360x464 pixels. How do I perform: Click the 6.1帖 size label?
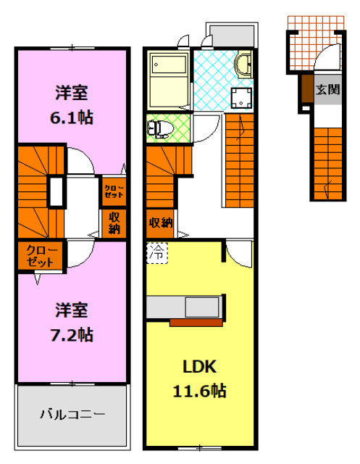pyautogui.click(x=72, y=117)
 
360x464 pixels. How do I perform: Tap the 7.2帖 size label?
pyautogui.click(x=72, y=334)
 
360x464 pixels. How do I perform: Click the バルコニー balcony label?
pyautogui.click(x=72, y=415)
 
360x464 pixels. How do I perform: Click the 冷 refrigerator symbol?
pyautogui.click(x=156, y=253)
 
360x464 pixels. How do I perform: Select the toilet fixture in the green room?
pyautogui.click(x=159, y=128)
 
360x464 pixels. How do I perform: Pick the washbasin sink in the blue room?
pyautogui.click(x=244, y=66)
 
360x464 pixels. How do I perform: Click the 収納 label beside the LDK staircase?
pyautogui.click(x=161, y=222)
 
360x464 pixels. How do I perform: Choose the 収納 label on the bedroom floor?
pyautogui.click(x=114, y=223)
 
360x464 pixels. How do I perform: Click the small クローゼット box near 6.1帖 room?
pyautogui.click(x=112, y=192)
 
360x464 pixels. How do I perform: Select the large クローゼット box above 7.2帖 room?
pyautogui.click(x=41, y=255)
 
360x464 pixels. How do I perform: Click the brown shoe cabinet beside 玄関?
pyautogui.click(x=306, y=89)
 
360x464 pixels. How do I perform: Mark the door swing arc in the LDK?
pyautogui.click(x=233, y=254)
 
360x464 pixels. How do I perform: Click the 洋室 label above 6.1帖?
pyautogui.click(x=72, y=93)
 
